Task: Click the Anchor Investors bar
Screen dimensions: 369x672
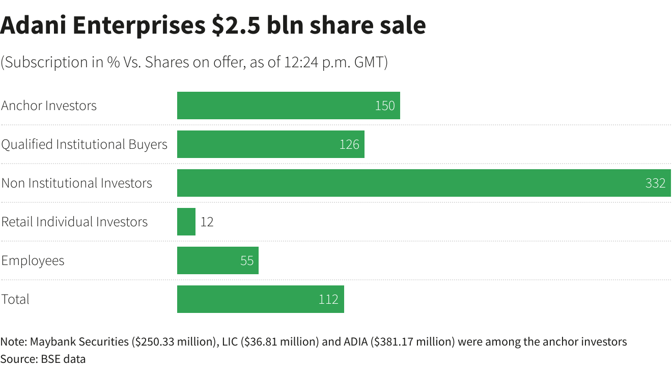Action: pyautogui.click(x=275, y=106)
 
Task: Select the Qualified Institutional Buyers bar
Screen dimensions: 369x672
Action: pyautogui.click(x=255, y=144)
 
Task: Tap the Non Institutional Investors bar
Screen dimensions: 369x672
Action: pyautogui.click(x=407, y=183)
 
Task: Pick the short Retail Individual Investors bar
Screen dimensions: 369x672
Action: pyautogui.click(x=186, y=222)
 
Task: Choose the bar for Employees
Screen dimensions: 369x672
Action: pyautogui.click(x=209, y=260)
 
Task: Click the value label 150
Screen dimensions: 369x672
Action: pyautogui.click(x=385, y=106)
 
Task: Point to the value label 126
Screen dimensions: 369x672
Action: pyautogui.click(x=349, y=144)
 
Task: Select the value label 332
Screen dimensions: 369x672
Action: pyautogui.click(x=655, y=183)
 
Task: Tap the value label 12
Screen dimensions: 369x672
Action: pyautogui.click(x=207, y=222)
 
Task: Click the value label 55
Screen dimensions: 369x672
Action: pyautogui.click(x=247, y=260)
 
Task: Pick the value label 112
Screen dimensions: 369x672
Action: pyautogui.click(x=328, y=299)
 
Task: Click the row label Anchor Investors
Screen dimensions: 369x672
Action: pyautogui.click(x=49, y=106)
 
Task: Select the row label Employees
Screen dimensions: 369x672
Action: pyautogui.click(x=33, y=260)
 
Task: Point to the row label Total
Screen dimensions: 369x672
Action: pyautogui.click(x=15, y=299)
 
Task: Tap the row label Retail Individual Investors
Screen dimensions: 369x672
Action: pyautogui.click(x=74, y=222)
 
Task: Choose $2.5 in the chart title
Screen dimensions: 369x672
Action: pyautogui.click(x=237, y=25)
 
